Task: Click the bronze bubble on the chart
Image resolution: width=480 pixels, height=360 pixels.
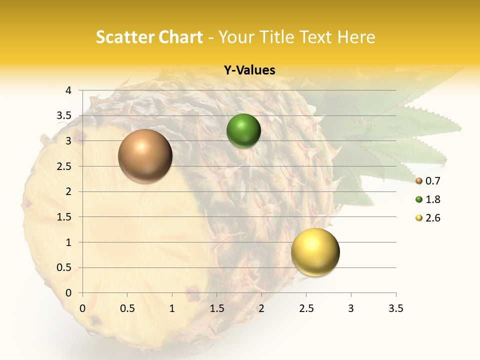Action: pyautogui.click(x=145, y=156)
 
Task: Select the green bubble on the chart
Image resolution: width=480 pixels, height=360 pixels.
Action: pyautogui.click(x=243, y=130)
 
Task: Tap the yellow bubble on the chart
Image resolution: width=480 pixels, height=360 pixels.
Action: pyautogui.click(x=315, y=252)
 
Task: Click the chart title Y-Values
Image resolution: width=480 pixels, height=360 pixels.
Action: pyautogui.click(x=249, y=70)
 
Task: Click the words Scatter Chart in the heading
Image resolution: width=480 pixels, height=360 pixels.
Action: pyautogui.click(x=149, y=37)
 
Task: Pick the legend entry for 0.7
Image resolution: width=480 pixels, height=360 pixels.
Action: pyautogui.click(x=428, y=181)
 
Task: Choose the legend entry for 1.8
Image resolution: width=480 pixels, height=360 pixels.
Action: pyautogui.click(x=428, y=199)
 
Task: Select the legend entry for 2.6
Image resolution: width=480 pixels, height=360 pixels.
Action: pyautogui.click(x=428, y=218)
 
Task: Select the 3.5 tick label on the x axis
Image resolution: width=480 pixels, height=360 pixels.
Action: pyautogui.click(x=395, y=308)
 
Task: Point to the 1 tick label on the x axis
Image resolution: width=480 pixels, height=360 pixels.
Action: pyautogui.click(x=172, y=308)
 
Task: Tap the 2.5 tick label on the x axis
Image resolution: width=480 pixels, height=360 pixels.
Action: pyautogui.click(x=306, y=308)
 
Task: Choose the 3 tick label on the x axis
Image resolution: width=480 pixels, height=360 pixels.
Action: pyautogui.click(x=351, y=308)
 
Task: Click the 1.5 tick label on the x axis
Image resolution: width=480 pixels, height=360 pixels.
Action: pyautogui.click(x=216, y=308)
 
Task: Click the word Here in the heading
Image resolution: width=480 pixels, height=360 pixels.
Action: pyautogui.click(x=356, y=37)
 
